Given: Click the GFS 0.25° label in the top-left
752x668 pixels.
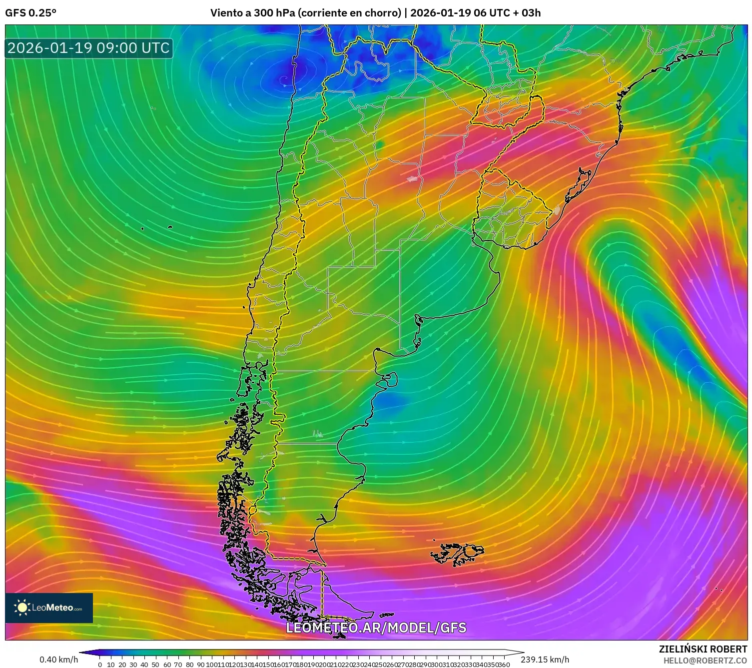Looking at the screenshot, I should pos(30,13).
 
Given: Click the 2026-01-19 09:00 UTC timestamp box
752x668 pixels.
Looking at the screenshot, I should pos(88,48).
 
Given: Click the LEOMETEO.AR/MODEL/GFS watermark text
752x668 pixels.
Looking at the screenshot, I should pos(376,628).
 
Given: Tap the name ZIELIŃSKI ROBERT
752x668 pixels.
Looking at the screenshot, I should pos(703,649).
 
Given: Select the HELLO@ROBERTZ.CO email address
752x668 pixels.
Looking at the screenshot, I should pos(705,661).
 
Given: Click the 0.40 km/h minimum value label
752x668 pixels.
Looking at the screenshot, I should pos(58,660).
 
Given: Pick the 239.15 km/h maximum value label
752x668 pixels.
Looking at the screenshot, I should pos(545,660).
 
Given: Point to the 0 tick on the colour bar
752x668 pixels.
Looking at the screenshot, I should pos(100,665).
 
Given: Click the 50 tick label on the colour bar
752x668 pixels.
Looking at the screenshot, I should pos(155,665).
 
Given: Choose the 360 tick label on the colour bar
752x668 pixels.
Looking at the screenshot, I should pos(504,665).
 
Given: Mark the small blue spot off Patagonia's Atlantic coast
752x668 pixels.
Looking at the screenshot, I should pos(390,400).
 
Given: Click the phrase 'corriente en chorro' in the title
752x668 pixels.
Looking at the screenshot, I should pos(349,13).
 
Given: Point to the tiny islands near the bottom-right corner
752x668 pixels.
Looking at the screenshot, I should pos(719,589).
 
